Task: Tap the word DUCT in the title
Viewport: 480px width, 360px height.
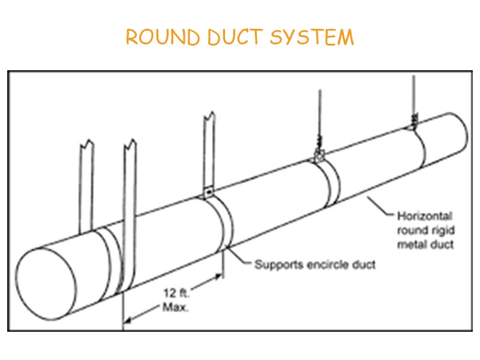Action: (235, 37)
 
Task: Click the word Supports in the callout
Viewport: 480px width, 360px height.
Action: (277, 265)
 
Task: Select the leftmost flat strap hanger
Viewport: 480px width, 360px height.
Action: (86, 186)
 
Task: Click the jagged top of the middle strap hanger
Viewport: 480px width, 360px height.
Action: (209, 115)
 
